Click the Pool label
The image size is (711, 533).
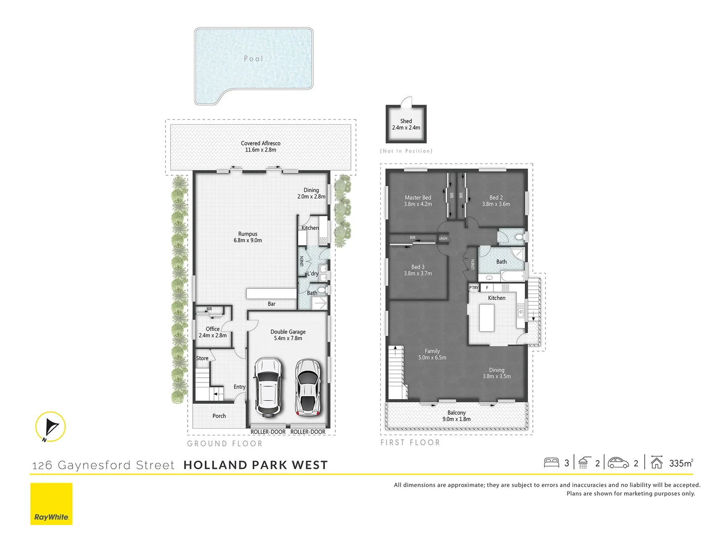click(253, 59)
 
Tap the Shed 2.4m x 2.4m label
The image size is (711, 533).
click(406, 124)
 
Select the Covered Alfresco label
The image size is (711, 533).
click(261, 147)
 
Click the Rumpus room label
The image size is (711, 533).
click(248, 237)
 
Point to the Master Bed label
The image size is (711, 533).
click(418, 201)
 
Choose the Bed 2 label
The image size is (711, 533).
click(496, 201)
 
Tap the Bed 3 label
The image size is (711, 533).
click(418, 270)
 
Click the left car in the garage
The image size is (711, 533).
click(267, 387)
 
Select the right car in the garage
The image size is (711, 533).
click(308, 387)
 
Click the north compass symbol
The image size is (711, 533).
click(50, 426)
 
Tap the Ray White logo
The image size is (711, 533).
click(51, 504)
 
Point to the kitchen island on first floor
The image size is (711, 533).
click(487, 318)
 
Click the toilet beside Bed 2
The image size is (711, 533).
click(518, 237)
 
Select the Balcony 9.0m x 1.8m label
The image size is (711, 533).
click(456, 416)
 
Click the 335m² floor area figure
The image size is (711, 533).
click(681, 463)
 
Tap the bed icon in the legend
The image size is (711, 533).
click(551, 463)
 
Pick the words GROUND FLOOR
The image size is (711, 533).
click(225, 444)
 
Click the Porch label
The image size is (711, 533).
click(219, 416)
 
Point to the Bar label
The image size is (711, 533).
click(272, 304)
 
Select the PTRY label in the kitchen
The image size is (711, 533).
click(474, 288)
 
